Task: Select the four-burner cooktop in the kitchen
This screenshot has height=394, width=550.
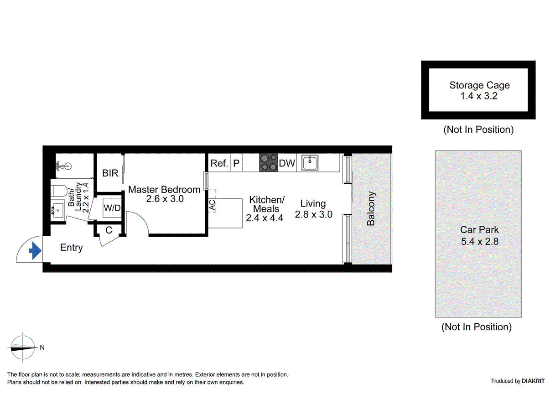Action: (x=269, y=163)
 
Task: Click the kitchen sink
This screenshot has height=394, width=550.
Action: (x=310, y=162)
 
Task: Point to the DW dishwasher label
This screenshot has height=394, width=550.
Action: (x=287, y=163)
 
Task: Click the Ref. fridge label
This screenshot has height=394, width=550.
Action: (x=219, y=163)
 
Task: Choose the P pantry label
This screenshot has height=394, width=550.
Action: (x=236, y=163)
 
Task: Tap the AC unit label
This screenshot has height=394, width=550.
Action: (x=212, y=205)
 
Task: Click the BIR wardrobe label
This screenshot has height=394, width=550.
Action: (x=110, y=173)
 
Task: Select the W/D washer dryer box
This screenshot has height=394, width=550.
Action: (x=112, y=208)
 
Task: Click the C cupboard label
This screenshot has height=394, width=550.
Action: (x=109, y=230)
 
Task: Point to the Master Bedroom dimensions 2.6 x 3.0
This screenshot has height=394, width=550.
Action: (x=165, y=199)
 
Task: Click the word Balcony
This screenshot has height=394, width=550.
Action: (x=371, y=208)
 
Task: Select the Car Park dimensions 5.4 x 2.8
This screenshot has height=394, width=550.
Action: (x=479, y=242)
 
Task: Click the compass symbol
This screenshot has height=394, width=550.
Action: (x=23, y=347)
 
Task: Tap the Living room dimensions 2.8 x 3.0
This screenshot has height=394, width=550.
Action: (x=313, y=214)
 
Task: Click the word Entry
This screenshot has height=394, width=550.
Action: (x=72, y=248)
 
